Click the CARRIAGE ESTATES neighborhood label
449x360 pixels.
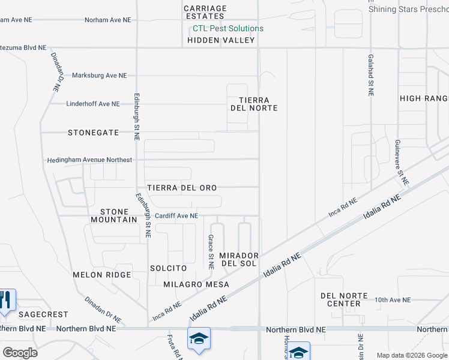pyautogui.click(x=205, y=13)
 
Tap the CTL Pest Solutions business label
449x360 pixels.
pyautogui.click(x=228, y=28)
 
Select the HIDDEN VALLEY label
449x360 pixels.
pyautogui.click(x=221, y=40)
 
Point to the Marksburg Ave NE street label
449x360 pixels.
pyautogui.click(x=100, y=76)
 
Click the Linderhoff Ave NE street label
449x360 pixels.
pyautogui.click(x=92, y=104)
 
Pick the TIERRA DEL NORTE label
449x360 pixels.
pyautogui.click(x=254, y=104)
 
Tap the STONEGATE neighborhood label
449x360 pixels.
pyautogui.click(x=93, y=133)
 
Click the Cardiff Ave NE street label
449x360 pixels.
pyautogui.click(x=176, y=216)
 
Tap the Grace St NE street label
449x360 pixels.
pyautogui.click(x=211, y=251)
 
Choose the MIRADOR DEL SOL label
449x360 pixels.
pyautogui.click(x=239, y=259)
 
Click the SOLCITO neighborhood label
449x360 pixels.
pyautogui.click(x=169, y=268)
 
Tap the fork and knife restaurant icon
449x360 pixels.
pyautogui.click(x=5, y=299)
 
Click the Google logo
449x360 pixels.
pyautogui.click(x=20, y=353)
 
